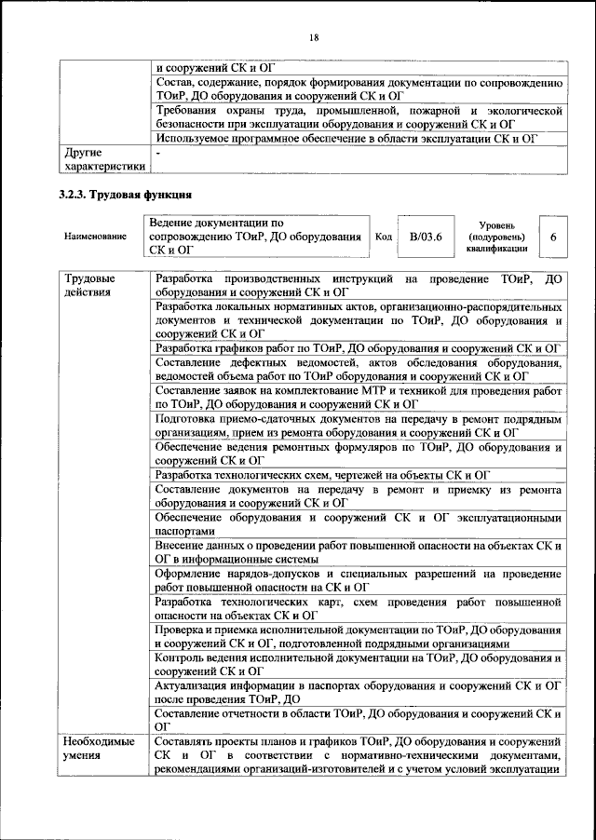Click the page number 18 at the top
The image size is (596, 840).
point(314,36)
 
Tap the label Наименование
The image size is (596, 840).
point(95,237)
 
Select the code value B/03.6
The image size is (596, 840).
point(426,237)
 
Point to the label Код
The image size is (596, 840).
point(383,237)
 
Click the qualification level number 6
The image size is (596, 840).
point(553,237)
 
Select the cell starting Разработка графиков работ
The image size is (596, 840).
point(357,348)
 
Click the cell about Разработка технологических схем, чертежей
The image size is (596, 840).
point(322,476)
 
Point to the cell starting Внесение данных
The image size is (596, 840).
point(357,552)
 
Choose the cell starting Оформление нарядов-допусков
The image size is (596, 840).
point(357,580)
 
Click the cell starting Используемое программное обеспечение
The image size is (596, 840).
point(347,139)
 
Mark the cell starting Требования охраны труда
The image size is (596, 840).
point(357,117)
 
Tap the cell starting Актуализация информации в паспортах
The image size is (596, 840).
point(357,692)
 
